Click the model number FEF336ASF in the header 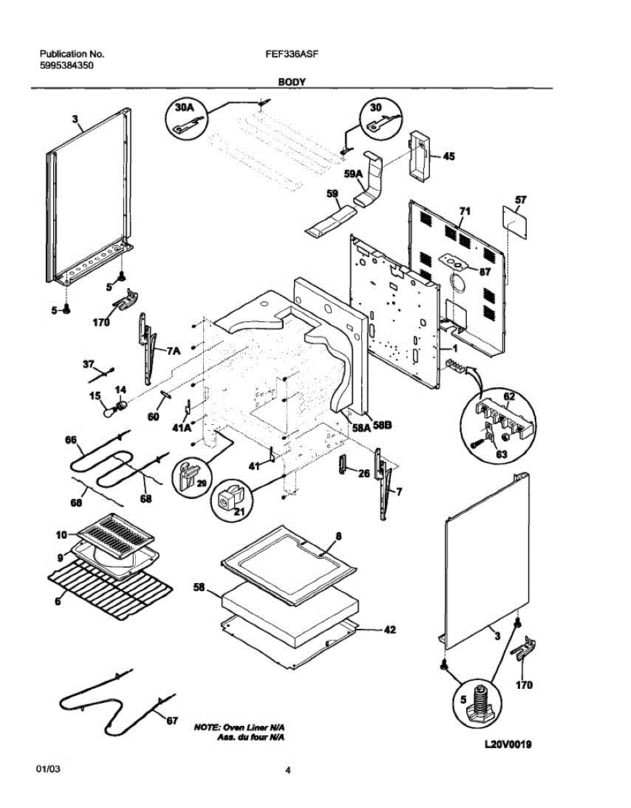pyautogui.click(x=287, y=53)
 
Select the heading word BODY pyautogui.click(x=292, y=81)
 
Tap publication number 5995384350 pyautogui.click(x=67, y=66)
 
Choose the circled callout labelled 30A pyautogui.click(x=184, y=116)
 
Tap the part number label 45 pyautogui.click(x=449, y=157)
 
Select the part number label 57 pyautogui.click(x=520, y=200)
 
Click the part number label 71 pyautogui.click(x=464, y=211)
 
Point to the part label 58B pyautogui.click(x=382, y=426)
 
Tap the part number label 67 pyautogui.click(x=172, y=721)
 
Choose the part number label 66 pyautogui.click(x=71, y=440)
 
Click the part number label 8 pyautogui.click(x=338, y=536)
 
